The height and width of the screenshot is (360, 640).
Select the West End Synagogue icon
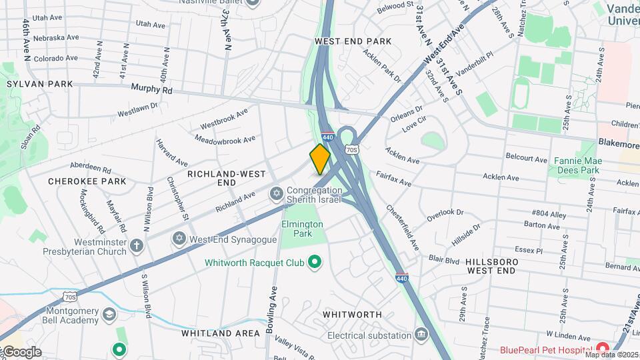click(x=179, y=238)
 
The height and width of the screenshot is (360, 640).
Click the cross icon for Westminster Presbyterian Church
click(x=137, y=245)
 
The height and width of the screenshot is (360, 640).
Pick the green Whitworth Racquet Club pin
click(x=315, y=263)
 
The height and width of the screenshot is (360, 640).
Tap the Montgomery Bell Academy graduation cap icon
click(x=109, y=313)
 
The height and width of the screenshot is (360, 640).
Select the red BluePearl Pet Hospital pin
click(x=602, y=349)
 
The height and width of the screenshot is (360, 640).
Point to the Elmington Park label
click(x=302, y=229)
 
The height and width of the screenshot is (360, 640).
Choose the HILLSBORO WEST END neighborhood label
click(x=491, y=266)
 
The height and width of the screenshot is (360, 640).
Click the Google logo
click(x=21, y=352)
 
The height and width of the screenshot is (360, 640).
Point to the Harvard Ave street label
click(x=172, y=152)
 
